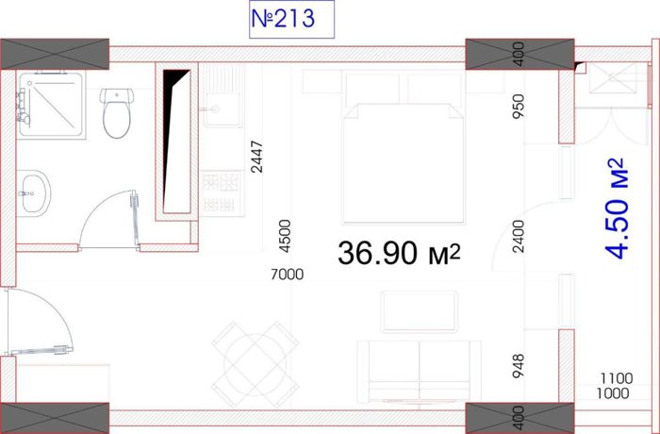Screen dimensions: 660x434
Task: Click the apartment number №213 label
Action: coord(283,19)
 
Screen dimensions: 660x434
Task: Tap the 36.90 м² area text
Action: coord(399,253)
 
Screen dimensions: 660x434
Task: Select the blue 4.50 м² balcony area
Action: coord(617,209)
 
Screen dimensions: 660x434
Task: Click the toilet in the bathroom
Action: coord(117,113)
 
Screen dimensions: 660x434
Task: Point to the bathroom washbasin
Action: coord(33,193)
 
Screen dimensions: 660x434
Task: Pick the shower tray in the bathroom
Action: coord(51,105)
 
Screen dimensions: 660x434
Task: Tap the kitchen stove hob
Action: coord(223,193)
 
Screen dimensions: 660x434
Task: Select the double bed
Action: coord(404,147)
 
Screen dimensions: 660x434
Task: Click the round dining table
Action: coord(256,364)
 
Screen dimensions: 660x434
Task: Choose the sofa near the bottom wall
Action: coord(419,372)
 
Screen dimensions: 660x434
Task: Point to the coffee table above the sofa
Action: coord(419,311)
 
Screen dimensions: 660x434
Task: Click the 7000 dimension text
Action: coord(287,275)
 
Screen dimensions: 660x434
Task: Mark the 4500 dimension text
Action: coord(285,236)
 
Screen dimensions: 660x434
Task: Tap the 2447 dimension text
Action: coord(256,157)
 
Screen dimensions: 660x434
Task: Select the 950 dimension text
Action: coord(519,107)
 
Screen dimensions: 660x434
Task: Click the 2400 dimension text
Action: coord(520,236)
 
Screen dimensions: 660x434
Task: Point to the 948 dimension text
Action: coord(519,365)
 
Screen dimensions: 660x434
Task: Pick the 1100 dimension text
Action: coord(617,378)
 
